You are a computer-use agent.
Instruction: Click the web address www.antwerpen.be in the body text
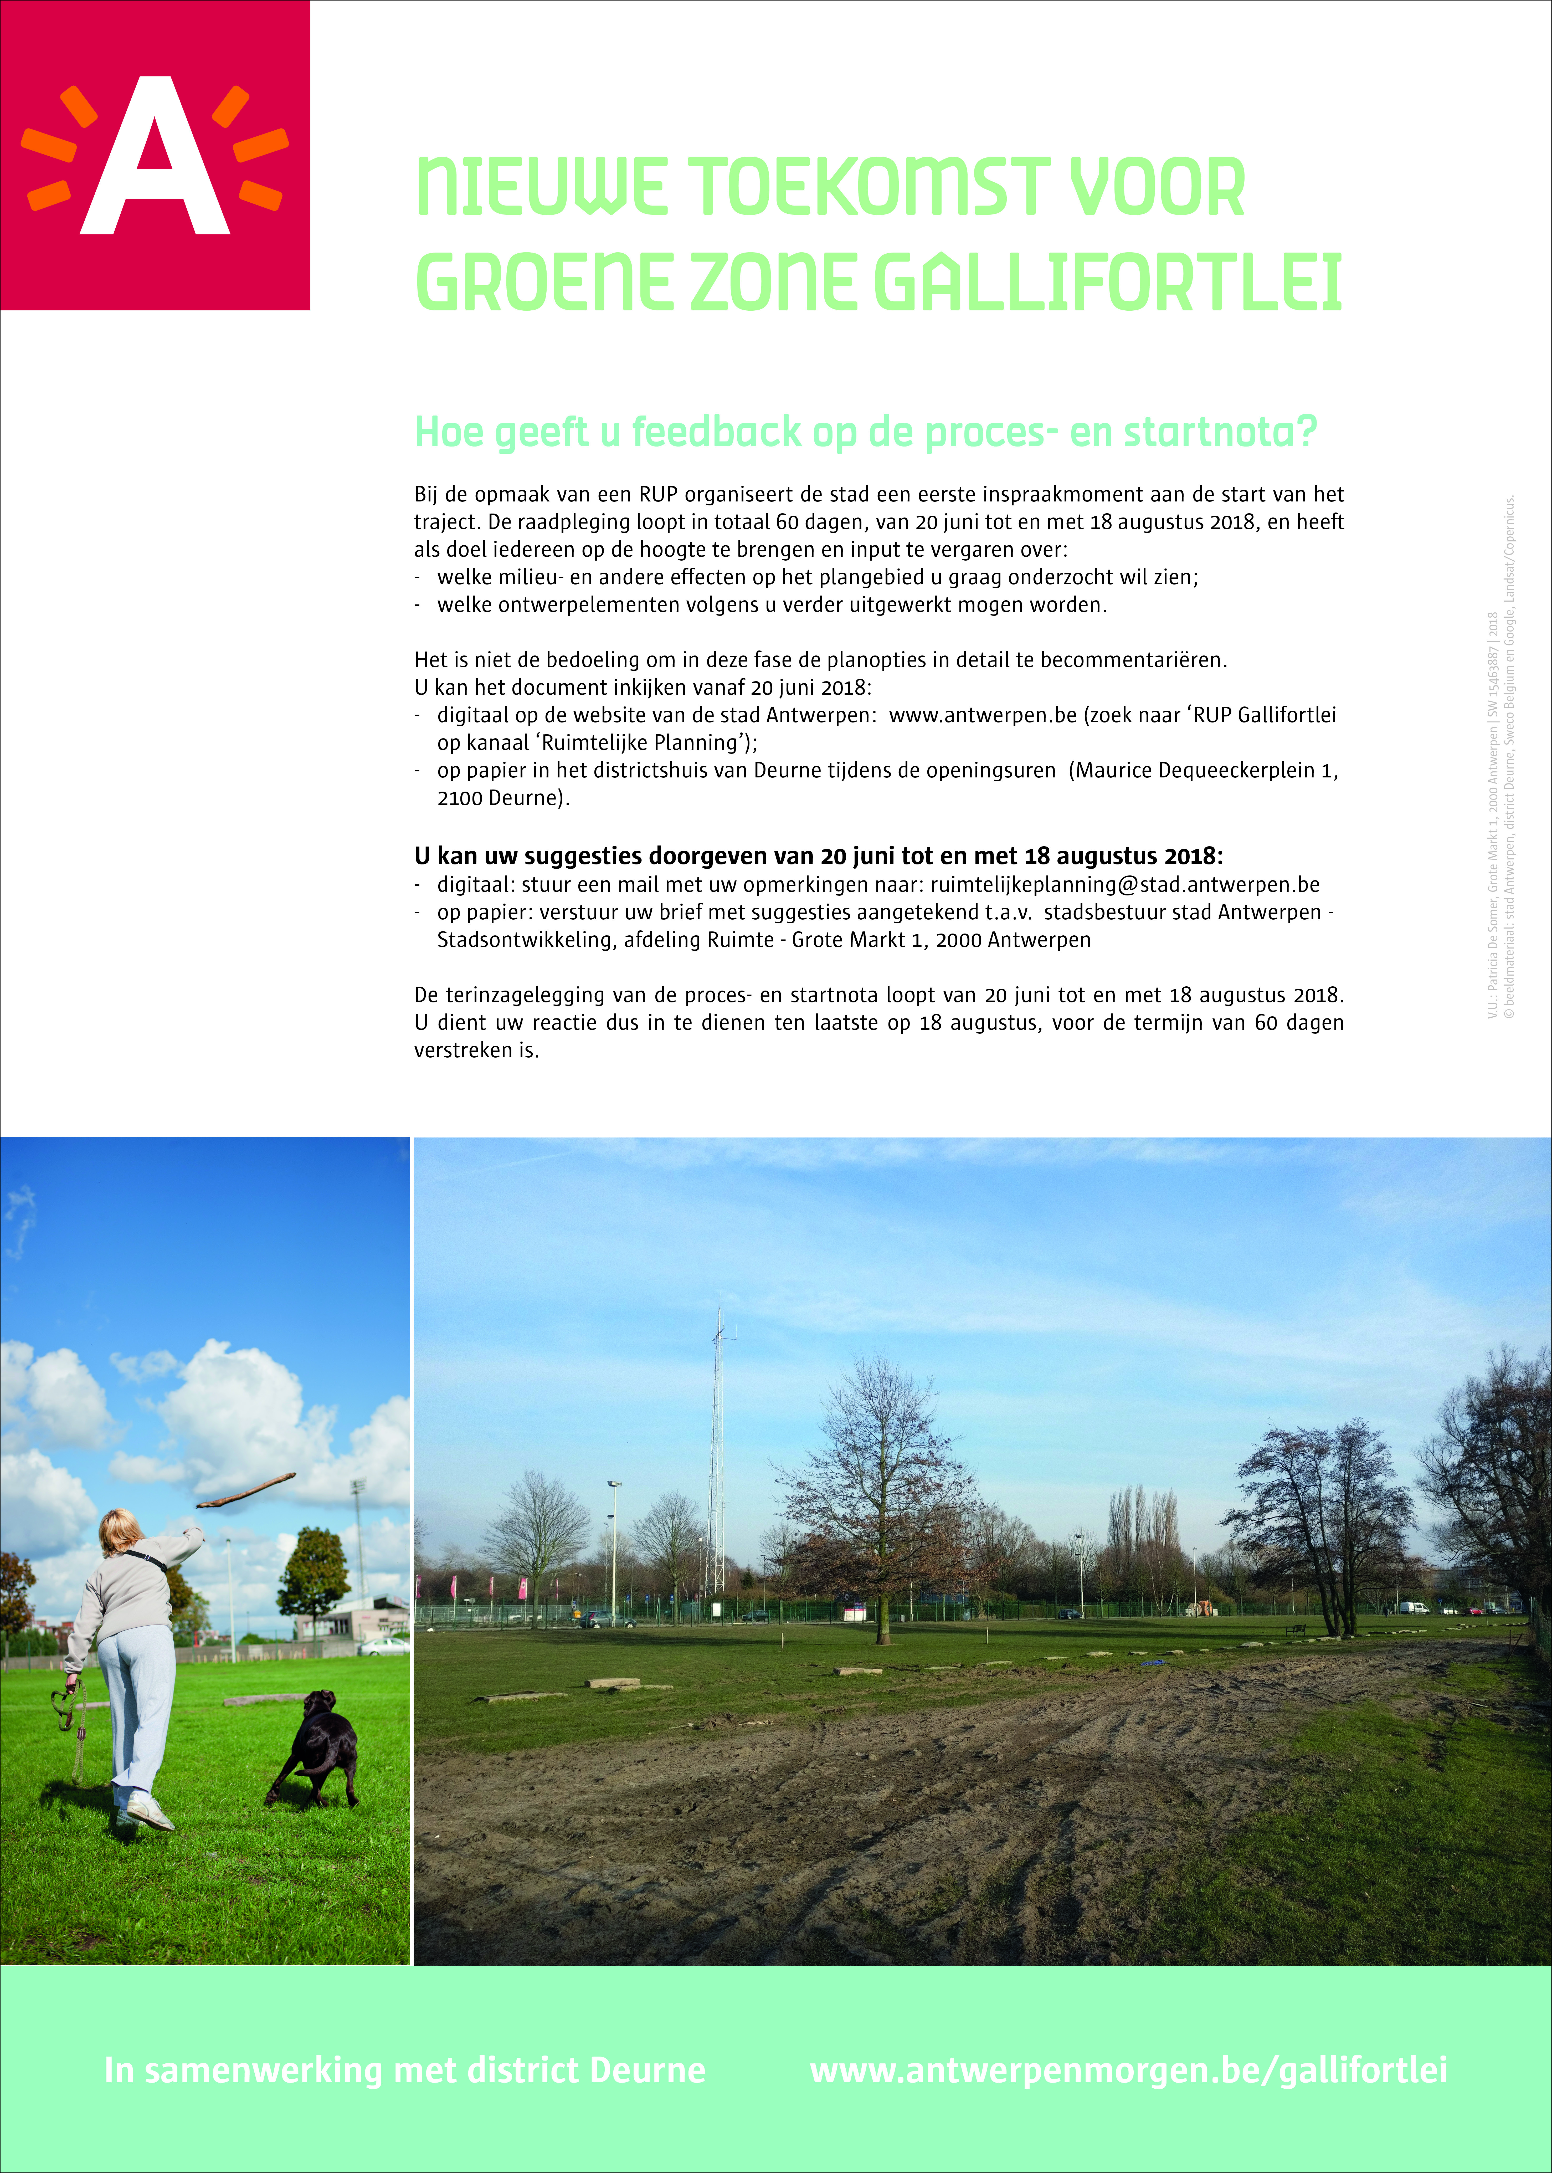[x=983, y=715]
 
